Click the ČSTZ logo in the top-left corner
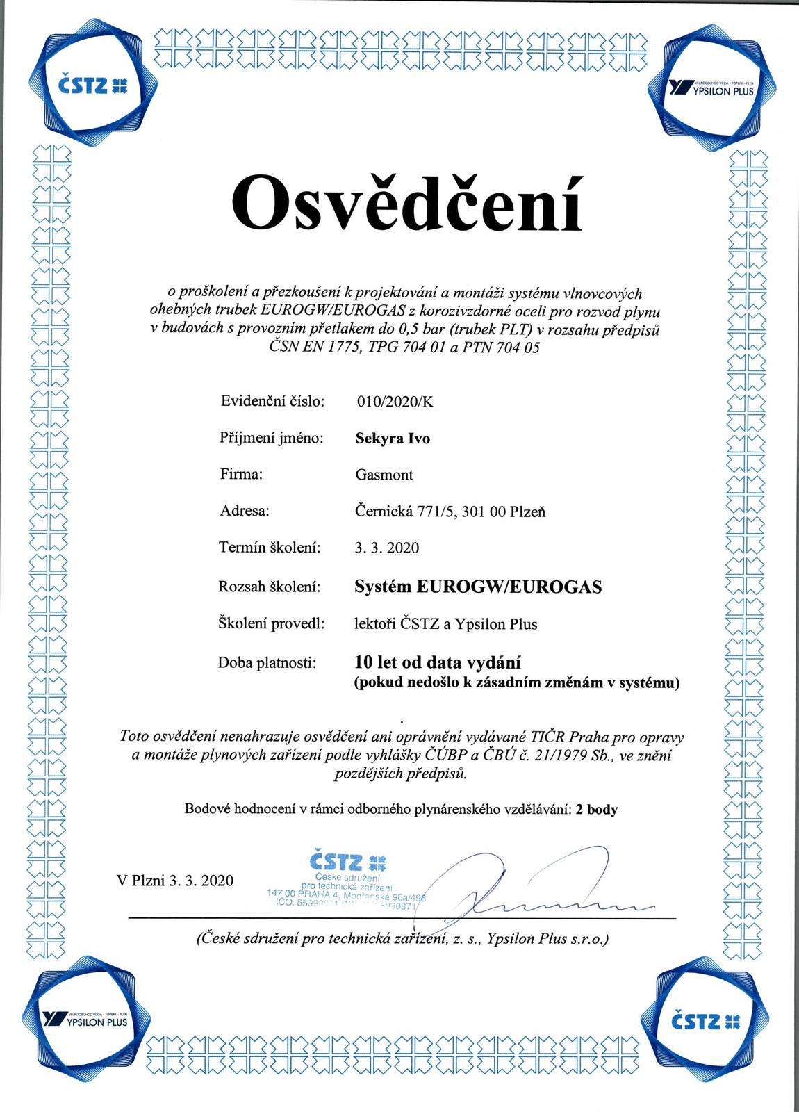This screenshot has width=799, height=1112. pos(90,85)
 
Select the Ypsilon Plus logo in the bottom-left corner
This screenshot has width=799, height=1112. pos(85,1020)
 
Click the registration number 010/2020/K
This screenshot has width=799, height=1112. pos(395,402)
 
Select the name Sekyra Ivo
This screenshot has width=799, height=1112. pos(393,439)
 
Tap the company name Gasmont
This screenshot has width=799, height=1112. pos(384,475)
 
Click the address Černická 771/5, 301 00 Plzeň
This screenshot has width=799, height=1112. pos(450,512)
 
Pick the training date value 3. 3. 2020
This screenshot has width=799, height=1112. pos(386,548)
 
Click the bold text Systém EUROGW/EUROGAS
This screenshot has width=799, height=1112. pos(478,587)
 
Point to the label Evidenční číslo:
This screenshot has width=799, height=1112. pos(273,401)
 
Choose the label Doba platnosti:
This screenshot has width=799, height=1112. pos(267,663)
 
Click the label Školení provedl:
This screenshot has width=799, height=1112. pos(272,624)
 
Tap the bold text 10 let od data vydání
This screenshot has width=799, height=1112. pos(438,662)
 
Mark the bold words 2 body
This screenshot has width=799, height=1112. pos(597,810)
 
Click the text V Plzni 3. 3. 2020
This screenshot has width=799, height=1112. pos(175,881)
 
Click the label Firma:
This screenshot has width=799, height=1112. pos(241,475)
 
